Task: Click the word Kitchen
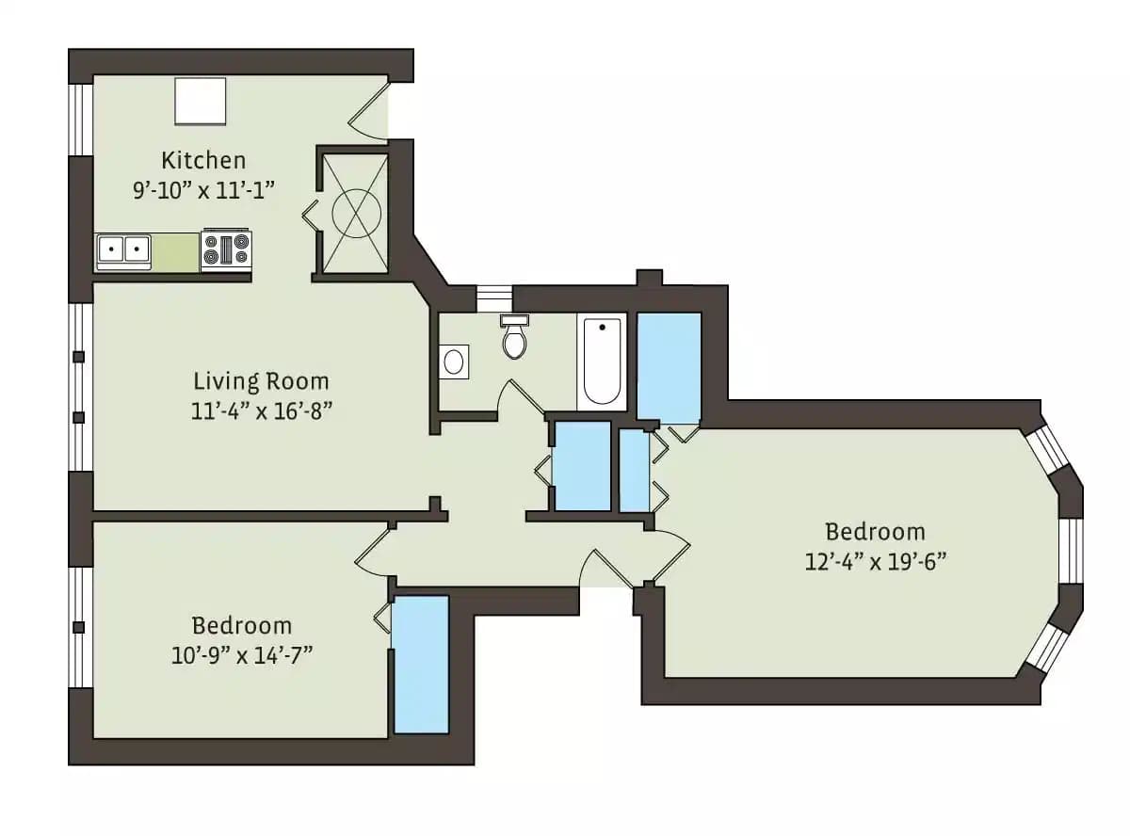click(x=203, y=159)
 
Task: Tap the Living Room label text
click(x=261, y=381)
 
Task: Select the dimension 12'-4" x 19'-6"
click(x=875, y=562)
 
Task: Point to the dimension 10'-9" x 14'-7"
click(x=241, y=655)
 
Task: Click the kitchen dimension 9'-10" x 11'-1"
click(x=203, y=188)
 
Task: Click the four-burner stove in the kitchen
click(x=225, y=250)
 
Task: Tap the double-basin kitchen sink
click(x=123, y=250)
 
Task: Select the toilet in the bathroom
click(x=514, y=339)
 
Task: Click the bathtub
click(x=602, y=362)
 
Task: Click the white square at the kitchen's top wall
click(x=201, y=101)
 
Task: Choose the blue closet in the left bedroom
click(x=420, y=664)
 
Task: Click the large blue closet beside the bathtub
click(x=669, y=367)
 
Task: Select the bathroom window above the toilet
click(x=493, y=297)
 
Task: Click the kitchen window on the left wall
click(x=82, y=119)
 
